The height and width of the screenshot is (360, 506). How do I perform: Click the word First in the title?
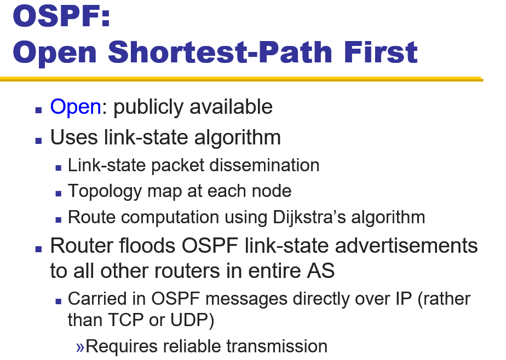tap(381, 51)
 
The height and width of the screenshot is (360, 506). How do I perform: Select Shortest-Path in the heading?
tap(220, 51)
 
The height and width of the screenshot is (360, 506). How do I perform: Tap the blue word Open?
tap(76, 107)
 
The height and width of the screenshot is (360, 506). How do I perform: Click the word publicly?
tap(148, 107)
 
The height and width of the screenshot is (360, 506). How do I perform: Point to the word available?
tap(231, 107)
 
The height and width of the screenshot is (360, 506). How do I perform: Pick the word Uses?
tap(74, 137)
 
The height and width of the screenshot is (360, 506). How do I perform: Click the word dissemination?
tap(264, 165)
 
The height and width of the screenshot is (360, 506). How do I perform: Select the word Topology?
tap(105, 191)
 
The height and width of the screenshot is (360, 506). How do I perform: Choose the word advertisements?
tap(406, 246)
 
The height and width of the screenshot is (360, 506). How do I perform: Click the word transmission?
tap(277, 346)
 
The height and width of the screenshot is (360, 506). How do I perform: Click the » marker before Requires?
tap(81, 347)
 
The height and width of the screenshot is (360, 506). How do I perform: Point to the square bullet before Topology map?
tap(59, 193)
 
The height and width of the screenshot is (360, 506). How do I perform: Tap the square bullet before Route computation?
tap(59, 220)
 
